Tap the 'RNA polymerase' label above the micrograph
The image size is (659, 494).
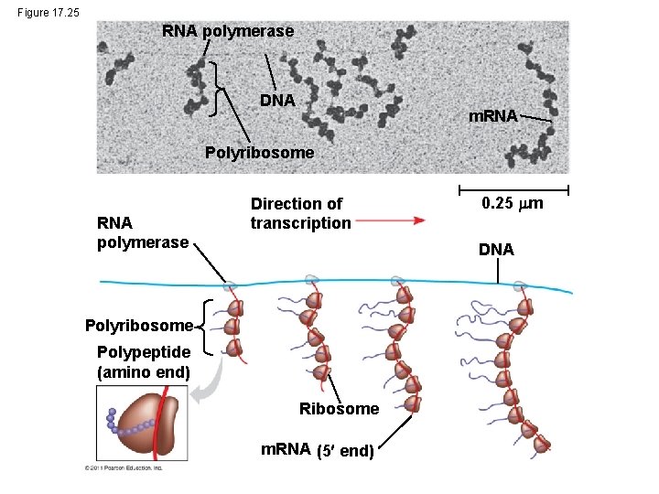[x=228, y=31]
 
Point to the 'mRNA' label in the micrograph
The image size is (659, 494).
[x=493, y=116]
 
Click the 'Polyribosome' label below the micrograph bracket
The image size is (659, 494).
[x=259, y=153]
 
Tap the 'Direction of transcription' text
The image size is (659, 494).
[x=300, y=213]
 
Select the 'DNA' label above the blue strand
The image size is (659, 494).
[x=496, y=249]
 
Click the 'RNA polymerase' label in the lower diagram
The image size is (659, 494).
[x=142, y=232]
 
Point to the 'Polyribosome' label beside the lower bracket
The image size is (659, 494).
[x=138, y=325]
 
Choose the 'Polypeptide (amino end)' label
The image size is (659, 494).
[x=144, y=362]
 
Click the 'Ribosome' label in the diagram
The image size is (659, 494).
[x=339, y=409]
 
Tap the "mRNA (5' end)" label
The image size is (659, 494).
[x=317, y=450]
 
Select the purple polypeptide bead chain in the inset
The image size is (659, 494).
[x=123, y=424]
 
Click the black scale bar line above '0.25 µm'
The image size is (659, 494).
[x=512, y=190]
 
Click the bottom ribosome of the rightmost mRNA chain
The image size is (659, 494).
[x=544, y=445]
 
